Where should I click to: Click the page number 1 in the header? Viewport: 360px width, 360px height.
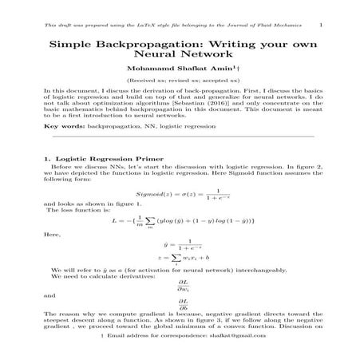tap(320, 26)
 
